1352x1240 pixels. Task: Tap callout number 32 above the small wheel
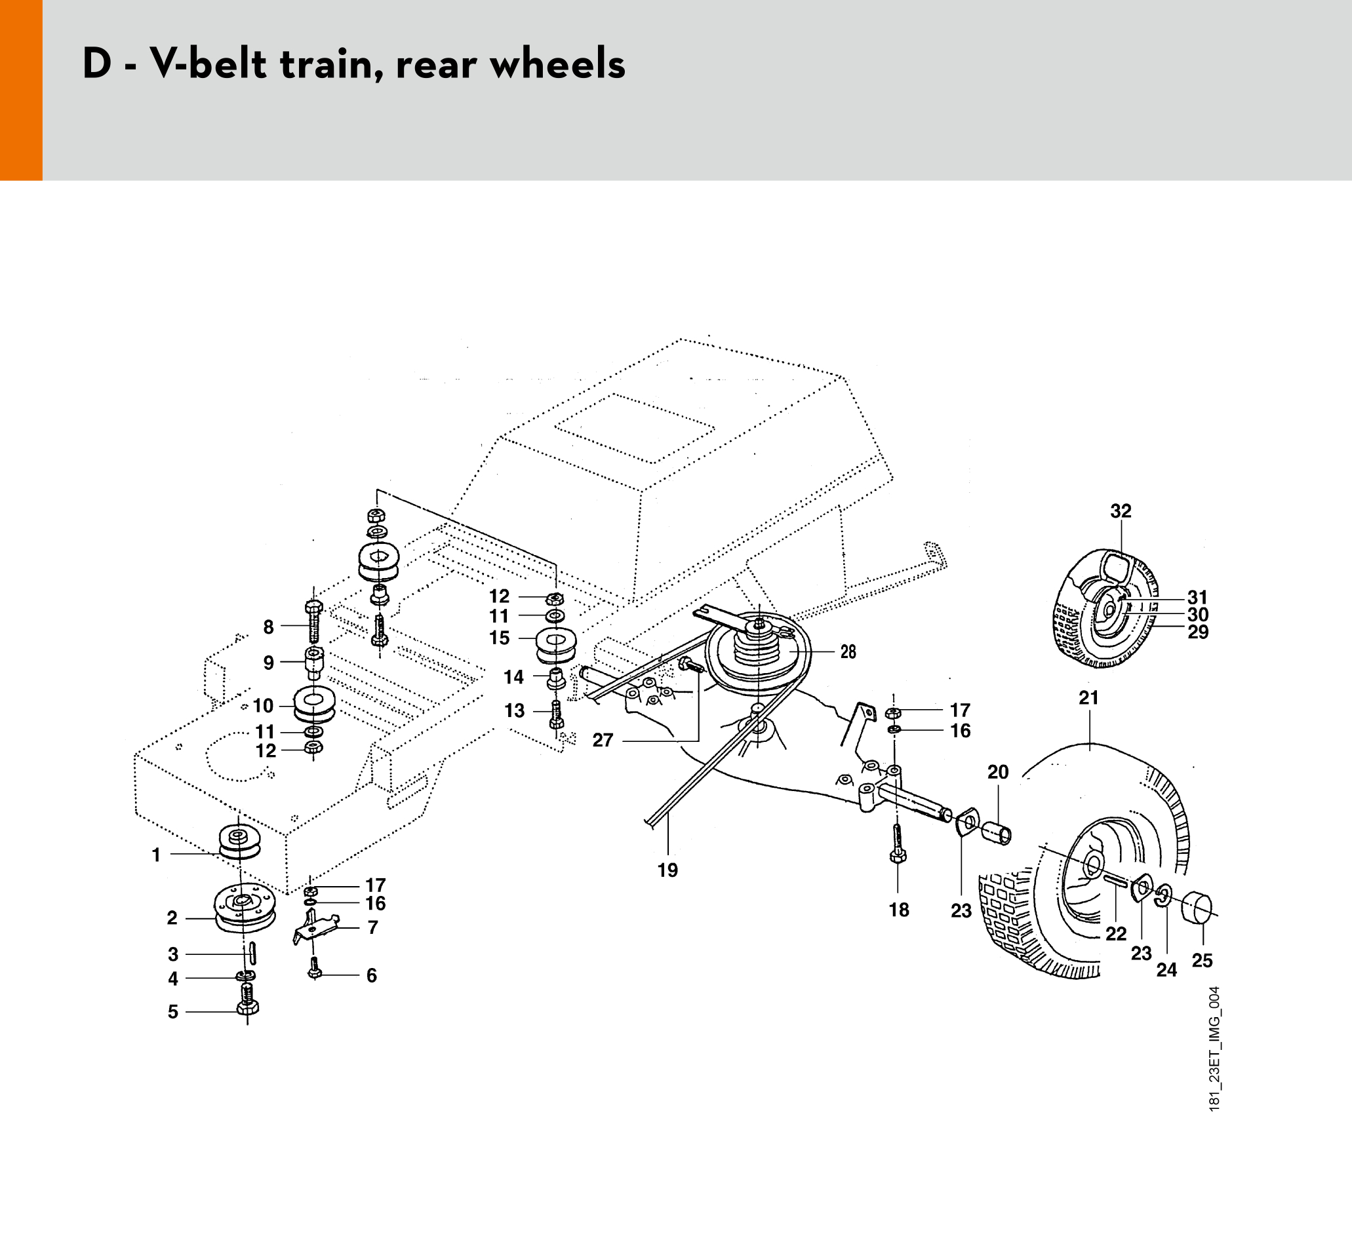[1121, 511]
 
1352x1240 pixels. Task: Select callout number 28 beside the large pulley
[848, 651]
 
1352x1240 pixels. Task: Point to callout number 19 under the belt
[667, 870]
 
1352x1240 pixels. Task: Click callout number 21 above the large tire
[1088, 698]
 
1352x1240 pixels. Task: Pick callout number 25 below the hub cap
[1202, 960]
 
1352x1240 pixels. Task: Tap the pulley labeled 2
[245, 910]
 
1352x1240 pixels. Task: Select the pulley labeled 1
[239, 842]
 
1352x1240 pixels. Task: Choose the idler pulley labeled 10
[314, 705]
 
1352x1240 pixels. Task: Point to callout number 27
[602, 740]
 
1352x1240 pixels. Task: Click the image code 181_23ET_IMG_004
[1214, 1049]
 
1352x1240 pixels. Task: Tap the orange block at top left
[21, 90]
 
